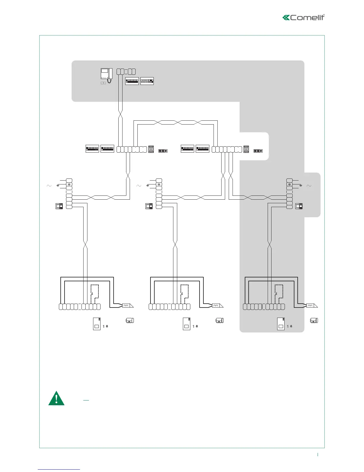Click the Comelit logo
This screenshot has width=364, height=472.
[x=303, y=17]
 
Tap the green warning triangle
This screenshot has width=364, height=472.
[x=56, y=399]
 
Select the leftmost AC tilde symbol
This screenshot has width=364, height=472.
[x=49, y=186]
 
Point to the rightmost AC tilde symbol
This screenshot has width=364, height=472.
[x=309, y=186]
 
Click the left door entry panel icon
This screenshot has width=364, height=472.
[x=97, y=324]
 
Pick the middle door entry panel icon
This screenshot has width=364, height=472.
[x=186, y=324]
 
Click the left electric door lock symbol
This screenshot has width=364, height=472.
[x=128, y=306]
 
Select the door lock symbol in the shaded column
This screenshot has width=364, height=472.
[x=311, y=306]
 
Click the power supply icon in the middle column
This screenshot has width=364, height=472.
[x=149, y=206]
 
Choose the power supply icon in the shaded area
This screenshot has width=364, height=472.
[x=299, y=206]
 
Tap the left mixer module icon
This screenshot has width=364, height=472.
[x=151, y=149]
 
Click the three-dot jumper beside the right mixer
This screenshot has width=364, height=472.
[x=258, y=151]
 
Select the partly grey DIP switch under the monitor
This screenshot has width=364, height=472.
[x=147, y=81]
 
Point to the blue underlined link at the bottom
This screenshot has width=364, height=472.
[x=59, y=469]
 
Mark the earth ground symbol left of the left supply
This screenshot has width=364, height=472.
[x=58, y=185]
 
